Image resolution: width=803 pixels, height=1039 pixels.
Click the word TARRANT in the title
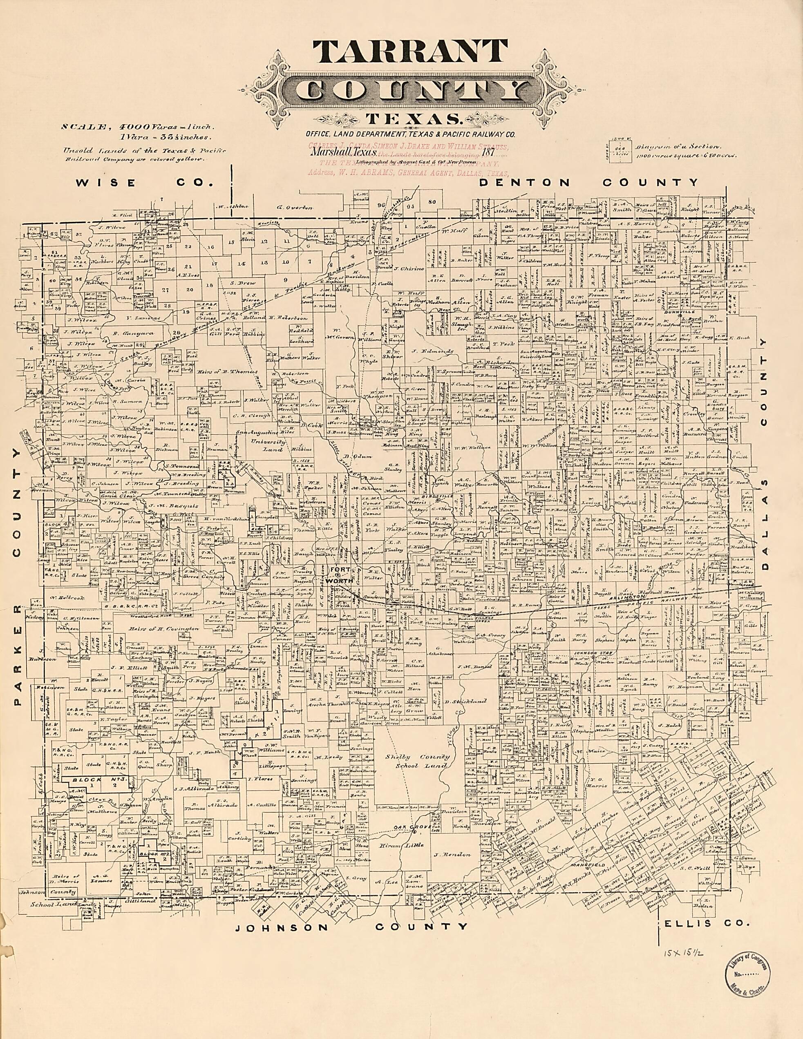point(409,57)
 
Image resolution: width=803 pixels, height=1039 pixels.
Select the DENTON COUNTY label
point(589,182)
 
